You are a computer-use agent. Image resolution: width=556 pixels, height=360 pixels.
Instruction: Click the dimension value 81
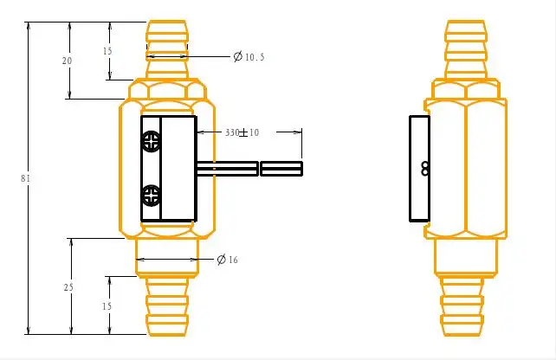tap(25, 178)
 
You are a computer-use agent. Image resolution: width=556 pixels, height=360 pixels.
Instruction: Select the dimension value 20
tap(67, 61)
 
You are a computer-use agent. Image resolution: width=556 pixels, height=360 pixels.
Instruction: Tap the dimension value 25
tap(68, 287)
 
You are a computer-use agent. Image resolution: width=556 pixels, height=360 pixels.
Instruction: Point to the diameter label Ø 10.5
tap(249, 57)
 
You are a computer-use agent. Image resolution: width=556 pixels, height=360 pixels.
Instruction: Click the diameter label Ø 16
tap(227, 260)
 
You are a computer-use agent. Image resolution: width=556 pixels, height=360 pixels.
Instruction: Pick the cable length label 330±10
tap(242, 132)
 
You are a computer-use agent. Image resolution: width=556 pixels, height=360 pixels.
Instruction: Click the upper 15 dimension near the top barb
tap(107, 51)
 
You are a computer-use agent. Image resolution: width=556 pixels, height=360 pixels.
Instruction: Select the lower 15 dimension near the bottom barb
tap(107, 306)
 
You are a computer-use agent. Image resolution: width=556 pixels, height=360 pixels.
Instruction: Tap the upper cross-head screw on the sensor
tap(152, 142)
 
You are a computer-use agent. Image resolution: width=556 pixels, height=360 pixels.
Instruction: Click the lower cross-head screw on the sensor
tap(152, 196)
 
